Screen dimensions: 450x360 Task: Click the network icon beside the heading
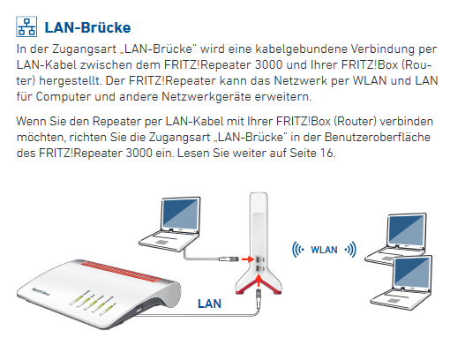[26, 26]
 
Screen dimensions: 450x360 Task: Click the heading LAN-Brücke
[87, 27]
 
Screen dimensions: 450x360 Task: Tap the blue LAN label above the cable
[209, 304]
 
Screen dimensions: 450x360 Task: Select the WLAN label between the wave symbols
[324, 250]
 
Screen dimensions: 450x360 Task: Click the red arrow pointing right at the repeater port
[247, 259]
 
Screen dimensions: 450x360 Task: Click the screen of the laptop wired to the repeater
[180, 214]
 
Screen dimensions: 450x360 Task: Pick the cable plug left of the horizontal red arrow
[229, 259]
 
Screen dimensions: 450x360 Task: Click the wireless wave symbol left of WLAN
[297, 250]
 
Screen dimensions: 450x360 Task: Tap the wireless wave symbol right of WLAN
[350, 250]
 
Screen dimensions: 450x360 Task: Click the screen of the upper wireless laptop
[407, 229]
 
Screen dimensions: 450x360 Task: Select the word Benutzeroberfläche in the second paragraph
[378, 137]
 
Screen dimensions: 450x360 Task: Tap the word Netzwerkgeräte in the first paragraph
[206, 97]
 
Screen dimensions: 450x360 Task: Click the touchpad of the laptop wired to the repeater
[161, 242]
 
